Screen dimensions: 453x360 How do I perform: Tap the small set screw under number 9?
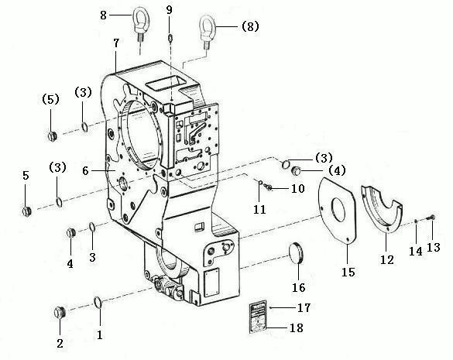pyautogui.click(x=170, y=38)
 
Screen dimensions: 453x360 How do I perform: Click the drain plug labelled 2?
pyautogui.click(x=60, y=312)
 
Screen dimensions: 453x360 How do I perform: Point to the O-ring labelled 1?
pyautogui.click(x=98, y=302)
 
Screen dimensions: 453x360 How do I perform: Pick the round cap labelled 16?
pyautogui.click(x=297, y=253)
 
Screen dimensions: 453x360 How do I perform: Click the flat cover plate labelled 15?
pyautogui.click(x=337, y=211)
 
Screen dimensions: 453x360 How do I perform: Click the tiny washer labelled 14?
pyautogui.click(x=415, y=221)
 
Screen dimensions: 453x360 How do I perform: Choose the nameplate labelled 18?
pyautogui.click(x=257, y=317)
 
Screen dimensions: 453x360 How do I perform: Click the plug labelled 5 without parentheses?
pyautogui.click(x=27, y=211)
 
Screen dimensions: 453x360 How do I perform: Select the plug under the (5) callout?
pyautogui.click(x=52, y=136)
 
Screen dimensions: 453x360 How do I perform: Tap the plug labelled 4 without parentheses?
pyautogui.click(x=71, y=232)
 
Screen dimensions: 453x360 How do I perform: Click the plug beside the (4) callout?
pyautogui.click(x=295, y=171)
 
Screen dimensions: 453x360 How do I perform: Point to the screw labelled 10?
pyautogui.click(x=268, y=187)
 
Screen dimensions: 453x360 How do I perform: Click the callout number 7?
pyautogui.click(x=116, y=43)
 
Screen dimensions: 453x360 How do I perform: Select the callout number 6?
pyautogui.click(x=85, y=170)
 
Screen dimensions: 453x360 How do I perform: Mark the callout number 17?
pyautogui.click(x=304, y=307)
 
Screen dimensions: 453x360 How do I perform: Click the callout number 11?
pyautogui.click(x=259, y=209)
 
